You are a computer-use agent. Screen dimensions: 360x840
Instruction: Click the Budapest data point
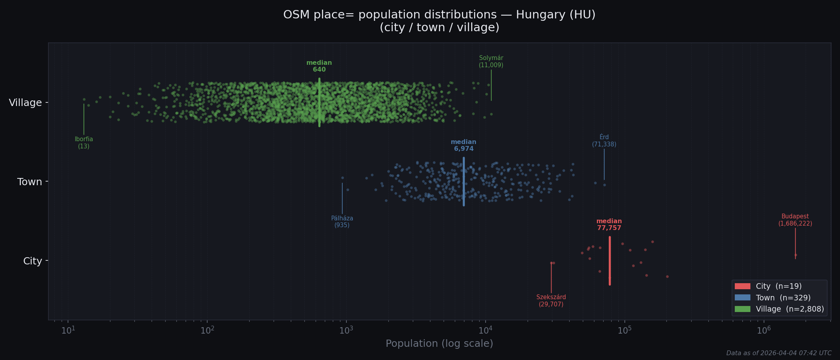[795, 255]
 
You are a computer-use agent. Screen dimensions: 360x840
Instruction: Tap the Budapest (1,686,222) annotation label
[795, 220]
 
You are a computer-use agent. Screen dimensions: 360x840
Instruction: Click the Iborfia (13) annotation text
[84, 143]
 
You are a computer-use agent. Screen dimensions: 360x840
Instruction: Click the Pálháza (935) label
[342, 222]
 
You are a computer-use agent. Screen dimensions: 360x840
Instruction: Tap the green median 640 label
[319, 66]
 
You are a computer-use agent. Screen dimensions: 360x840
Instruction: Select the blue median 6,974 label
[463, 145]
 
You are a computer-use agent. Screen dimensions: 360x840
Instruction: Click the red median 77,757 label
[609, 224]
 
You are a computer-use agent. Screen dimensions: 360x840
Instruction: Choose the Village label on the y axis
[25, 103]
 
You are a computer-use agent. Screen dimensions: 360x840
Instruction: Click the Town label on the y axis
[30, 182]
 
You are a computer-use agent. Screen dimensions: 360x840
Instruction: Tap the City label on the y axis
[32, 261]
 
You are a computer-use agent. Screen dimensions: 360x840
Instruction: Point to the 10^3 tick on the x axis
[346, 330]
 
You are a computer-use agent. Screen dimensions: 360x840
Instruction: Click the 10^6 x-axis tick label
[763, 330]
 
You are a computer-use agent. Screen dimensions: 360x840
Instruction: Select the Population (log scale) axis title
[439, 344]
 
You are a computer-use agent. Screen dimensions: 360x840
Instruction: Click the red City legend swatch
[742, 286]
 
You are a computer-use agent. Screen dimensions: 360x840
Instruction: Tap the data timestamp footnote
[778, 353]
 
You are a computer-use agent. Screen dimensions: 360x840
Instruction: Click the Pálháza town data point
[342, 178]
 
